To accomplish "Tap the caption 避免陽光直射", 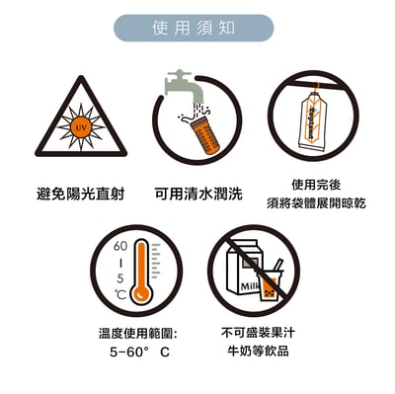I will tap(82, 194).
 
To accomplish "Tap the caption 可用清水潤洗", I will tap(197, 194).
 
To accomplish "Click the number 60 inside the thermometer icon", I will tap(121, 246).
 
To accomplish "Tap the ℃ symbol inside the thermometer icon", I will tap(120, 294).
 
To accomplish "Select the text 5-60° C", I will tap(140, 352).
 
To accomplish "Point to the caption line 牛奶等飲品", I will tap(253, 352).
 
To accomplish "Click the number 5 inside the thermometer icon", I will tap(120, 277).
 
